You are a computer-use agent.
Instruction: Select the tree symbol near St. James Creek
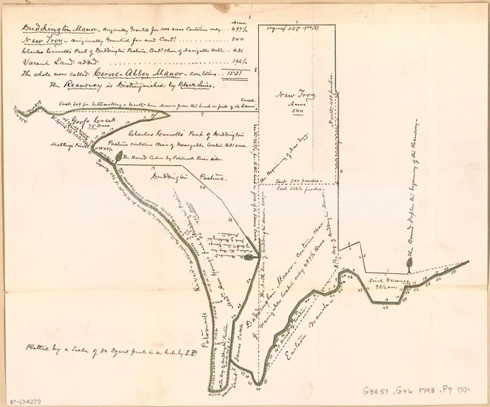pos(250,258)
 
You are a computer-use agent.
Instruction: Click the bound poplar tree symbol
pos(410,263)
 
